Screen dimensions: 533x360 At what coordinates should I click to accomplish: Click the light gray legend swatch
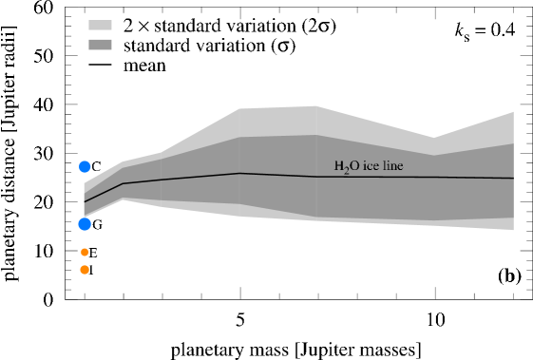click(100, 26)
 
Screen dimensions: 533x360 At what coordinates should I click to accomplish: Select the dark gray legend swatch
click(100, 45)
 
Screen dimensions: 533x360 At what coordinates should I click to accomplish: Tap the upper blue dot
click(85, 166)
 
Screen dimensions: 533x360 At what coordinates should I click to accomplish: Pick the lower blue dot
click(85, 224)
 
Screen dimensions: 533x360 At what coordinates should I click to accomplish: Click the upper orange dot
click(85, 252)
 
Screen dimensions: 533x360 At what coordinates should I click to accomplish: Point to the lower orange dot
click(85, 270)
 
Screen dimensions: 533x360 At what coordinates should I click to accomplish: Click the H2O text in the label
click(345, 167)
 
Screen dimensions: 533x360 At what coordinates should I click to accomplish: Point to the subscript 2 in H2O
click(345, 171)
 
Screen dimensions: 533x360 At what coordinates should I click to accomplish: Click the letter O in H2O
click(352, 166)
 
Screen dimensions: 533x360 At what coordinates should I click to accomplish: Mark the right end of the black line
click(513, 178)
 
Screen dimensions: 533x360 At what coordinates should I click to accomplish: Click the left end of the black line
click(84, 201)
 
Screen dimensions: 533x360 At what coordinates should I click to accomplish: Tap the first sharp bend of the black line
click(124, 182)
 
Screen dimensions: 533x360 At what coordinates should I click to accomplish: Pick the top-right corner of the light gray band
click(513, 112)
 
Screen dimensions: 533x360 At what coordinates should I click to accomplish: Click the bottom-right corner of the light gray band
click(513, 230)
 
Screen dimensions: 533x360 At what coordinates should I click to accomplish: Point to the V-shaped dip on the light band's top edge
click(435, 137)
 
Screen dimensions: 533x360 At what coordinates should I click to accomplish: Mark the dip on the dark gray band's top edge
click(435, 156)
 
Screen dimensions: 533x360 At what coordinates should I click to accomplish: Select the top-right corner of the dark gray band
click(513, 144)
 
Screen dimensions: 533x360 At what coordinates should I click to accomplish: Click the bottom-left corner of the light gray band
click(84, 218)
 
